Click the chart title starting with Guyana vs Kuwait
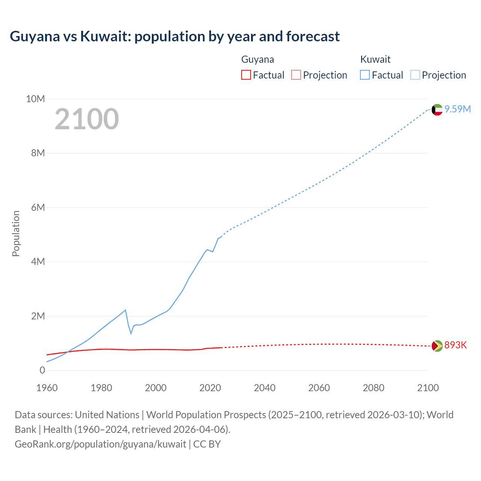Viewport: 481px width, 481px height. (x=175, y=36)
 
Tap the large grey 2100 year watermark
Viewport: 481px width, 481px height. (x=87, y=119)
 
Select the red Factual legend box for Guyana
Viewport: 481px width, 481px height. (x=246, y=75)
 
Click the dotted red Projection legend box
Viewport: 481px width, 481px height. (x=296, y=75)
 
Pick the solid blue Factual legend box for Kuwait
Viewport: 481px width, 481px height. (x=365, y=75)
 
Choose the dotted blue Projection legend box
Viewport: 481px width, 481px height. (x=415, y=75)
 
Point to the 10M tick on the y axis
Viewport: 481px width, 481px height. (x=35, y=99)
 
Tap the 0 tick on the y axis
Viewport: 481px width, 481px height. (x=42, y=370)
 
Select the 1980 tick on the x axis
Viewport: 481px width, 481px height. (x=101, y=388)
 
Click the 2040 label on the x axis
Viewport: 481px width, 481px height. (x=265, y=388)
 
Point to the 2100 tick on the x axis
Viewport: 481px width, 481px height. (x=428, y=388)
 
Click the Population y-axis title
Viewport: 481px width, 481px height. (x=16, y=233)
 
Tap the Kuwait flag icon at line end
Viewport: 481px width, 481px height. (x=437, y=110)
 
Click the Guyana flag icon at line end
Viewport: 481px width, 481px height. (x=437, y=346)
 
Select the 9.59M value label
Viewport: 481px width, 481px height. (x=457, y=109)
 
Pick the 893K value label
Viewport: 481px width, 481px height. (x=455, y=345)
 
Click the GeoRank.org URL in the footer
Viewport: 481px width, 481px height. (x=100, y=444)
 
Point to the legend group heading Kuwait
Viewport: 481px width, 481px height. (x=375, y=59)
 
